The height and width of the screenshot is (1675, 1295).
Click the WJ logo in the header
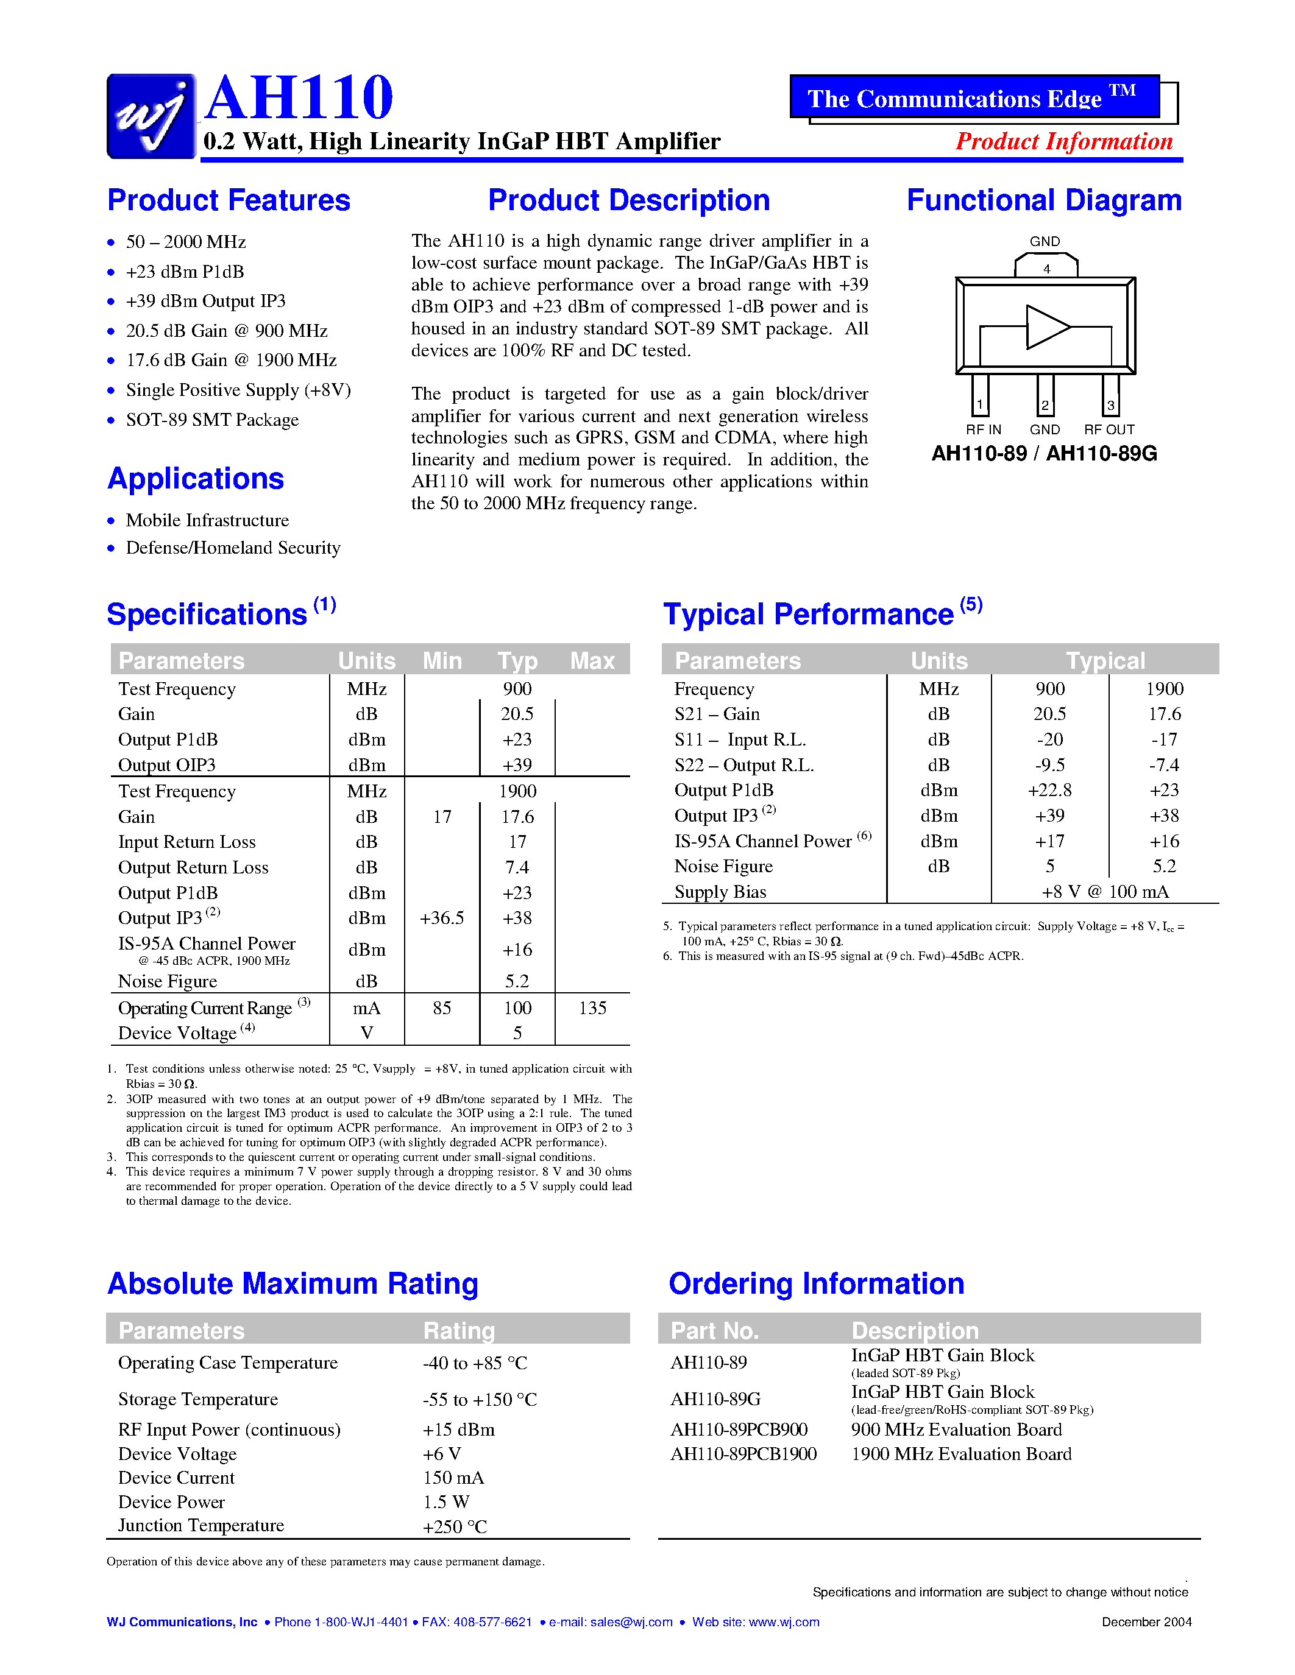[151, 116]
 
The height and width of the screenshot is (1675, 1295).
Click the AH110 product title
[299, 97]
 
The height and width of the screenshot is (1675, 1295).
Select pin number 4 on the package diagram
[1046, 269]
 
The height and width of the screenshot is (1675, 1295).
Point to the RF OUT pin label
[1109, 429]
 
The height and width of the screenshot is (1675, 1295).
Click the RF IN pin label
[983, 429]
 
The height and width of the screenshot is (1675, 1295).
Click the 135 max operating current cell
[592, 1008]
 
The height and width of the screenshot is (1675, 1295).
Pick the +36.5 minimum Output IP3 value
[442, 918]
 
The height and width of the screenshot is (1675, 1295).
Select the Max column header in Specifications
[592, 660]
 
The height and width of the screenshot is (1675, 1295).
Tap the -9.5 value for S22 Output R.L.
[1049, 764]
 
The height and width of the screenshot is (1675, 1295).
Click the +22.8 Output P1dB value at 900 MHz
[1049, 790]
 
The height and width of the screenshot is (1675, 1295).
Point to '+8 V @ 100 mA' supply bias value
[1105, 892]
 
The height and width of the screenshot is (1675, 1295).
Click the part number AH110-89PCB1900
[743, 1454]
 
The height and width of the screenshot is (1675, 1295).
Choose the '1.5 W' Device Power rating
[445, 1501]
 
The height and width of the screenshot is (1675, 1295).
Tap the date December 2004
[1146, 1622]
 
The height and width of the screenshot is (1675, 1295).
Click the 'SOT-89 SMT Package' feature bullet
[211, 420]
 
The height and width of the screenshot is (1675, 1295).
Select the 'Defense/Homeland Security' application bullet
[232, 548]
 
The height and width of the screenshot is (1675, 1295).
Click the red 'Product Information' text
[1063, 142]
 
